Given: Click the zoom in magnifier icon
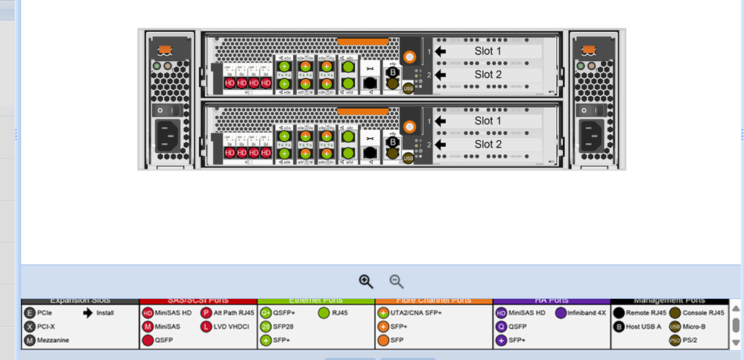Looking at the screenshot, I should pos(365,281).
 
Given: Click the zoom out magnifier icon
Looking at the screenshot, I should pos(397,281).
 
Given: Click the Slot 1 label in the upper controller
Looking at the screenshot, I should pos(488,51).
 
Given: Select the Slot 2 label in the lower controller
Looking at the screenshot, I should pos(488,144).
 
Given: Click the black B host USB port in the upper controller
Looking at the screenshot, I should pos(393,72).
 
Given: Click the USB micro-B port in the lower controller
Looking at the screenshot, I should pos(408,158).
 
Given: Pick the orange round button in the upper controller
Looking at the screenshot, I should pos(409,57).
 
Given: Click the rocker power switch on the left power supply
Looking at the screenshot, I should pos(157,110).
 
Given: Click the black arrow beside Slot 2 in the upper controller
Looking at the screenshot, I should pos(441,75).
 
